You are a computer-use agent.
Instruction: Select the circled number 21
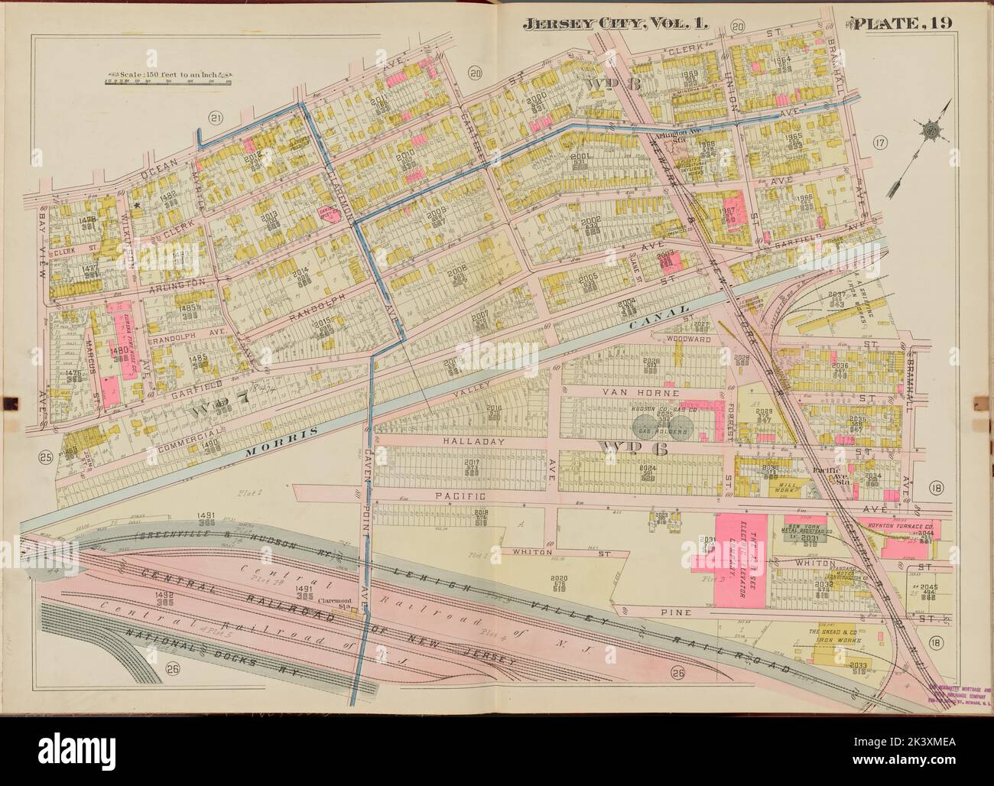[x=215, y=117]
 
